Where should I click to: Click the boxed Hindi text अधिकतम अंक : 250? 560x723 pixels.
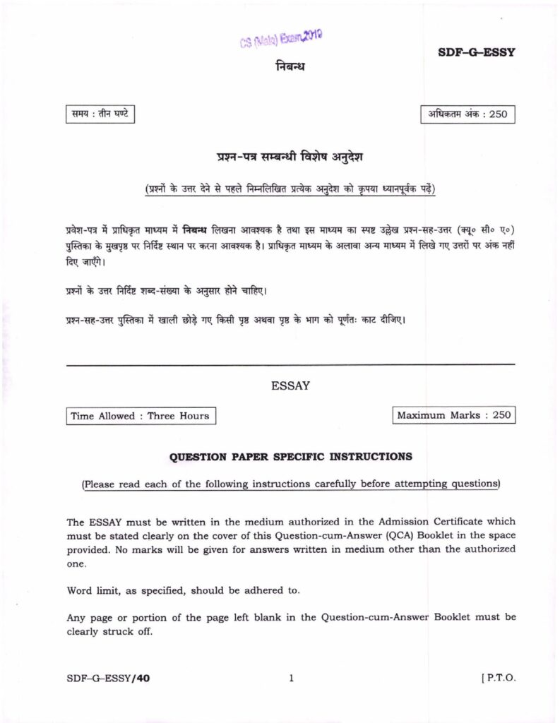[467, 114]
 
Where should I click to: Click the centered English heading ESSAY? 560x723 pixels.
[290, 386]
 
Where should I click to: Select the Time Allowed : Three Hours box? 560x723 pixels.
[140, 416]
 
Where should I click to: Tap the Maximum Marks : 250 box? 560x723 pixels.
[453, 416]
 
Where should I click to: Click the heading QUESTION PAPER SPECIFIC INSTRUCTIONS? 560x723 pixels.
[290, 457]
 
